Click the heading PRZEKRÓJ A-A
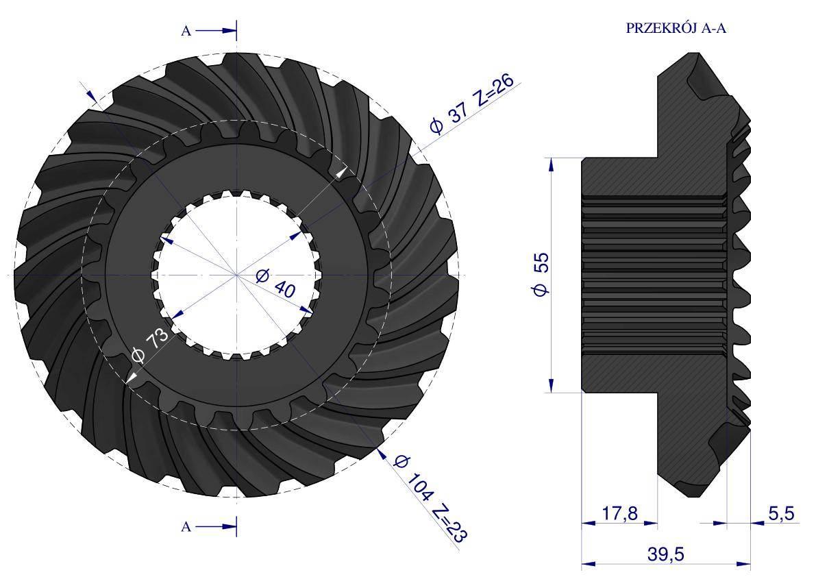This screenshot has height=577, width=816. pos(676,28)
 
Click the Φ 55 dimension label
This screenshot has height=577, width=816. pos(541,274)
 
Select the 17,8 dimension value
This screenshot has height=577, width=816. pos(619,513)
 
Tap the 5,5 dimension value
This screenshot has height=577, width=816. pos(781,513)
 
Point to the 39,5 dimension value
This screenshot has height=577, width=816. pos(665,554)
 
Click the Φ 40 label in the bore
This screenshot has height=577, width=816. pos(276,282)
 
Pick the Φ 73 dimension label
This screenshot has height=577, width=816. pos(150,345)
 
